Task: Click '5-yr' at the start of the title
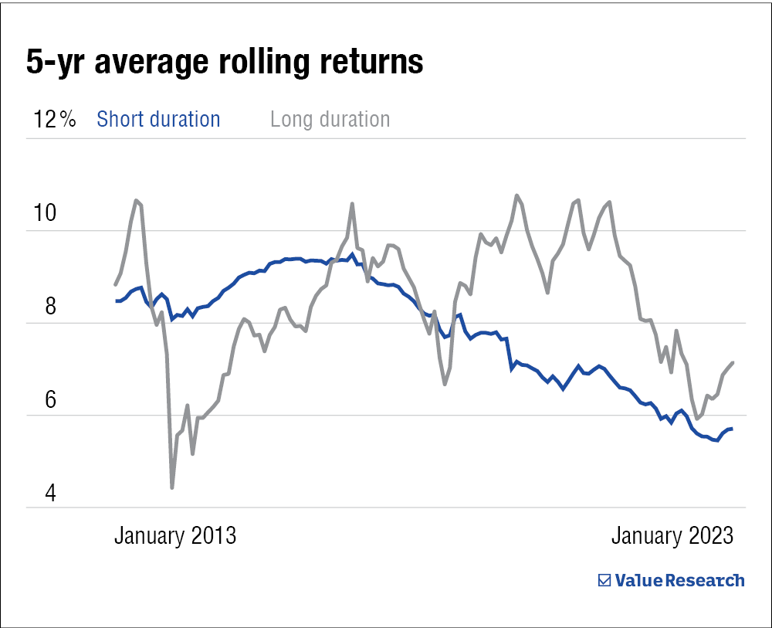tap(52, 62)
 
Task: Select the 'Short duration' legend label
tap(158, 120)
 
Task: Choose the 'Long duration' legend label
tap(330, 120)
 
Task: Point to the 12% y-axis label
tap(53, 120)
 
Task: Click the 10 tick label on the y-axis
tap(41, 213)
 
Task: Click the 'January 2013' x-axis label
tap(175, 536)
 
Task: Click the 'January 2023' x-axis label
tap(672, 536)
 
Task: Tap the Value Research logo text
tap(679, 580)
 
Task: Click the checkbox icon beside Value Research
tap(605, 580)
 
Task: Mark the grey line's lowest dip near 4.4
tap(171, 487)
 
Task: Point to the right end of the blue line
tap(732, 429)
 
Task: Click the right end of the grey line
tap(733, 362)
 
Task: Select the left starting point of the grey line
tap(116, 284)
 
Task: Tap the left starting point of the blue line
tap(116, 301)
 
